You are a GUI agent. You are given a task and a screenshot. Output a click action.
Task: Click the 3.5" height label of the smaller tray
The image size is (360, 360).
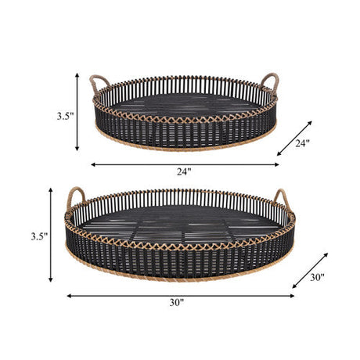click(65, 116)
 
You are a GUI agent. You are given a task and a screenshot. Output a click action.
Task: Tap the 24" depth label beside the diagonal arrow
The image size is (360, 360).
click(302, 143)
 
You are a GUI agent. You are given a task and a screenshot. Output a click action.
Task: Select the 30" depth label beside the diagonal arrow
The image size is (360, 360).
click(317, 277)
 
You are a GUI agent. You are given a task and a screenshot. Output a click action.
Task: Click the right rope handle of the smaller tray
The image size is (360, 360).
click(269, 81)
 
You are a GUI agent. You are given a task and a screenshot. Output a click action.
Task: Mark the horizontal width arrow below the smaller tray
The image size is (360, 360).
click(185, 164)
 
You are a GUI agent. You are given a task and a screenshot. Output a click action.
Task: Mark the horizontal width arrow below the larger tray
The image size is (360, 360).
click(180, 296)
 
